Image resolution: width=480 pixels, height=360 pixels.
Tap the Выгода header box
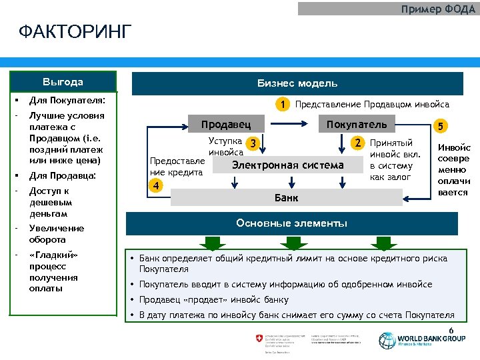click(63, 82)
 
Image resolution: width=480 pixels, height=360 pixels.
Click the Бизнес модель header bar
click(297, 83)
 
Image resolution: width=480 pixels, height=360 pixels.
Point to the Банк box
click(287, 197)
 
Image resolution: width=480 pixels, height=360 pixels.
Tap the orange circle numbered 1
click(284, 104)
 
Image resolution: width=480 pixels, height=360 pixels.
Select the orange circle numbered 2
click(358, 143)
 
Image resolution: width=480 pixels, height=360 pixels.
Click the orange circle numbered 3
click(252, 143)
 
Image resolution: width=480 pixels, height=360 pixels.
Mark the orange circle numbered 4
click(155, 185)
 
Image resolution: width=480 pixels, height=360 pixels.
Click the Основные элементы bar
click(291, 223)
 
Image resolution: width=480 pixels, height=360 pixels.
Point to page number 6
click(451, 331)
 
